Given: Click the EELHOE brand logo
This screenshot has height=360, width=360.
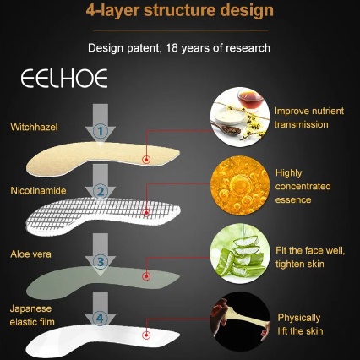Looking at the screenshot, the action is coord(64,78).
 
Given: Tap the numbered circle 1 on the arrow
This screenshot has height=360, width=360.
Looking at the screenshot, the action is coord(101,131).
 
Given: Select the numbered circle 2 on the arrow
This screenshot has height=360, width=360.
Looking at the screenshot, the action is coord(101,192).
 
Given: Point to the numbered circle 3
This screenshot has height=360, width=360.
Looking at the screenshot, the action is coord(101,262).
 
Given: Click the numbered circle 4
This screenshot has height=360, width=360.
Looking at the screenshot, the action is coord(101,319).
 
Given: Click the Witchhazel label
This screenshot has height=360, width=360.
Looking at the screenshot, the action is coord(34,127).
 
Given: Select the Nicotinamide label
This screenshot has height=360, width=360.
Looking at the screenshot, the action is coord(38,191).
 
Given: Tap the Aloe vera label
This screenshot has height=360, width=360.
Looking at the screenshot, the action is coord(30,254).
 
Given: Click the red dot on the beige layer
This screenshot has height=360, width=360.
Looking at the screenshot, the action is coord(146,160).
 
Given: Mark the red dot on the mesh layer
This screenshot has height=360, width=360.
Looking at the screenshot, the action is coord(146,213).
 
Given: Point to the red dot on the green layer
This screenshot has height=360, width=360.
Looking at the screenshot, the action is coord(146,276).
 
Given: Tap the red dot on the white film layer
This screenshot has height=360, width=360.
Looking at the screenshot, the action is coord(146,335).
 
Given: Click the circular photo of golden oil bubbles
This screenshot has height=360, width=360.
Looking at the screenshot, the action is coord(240,186).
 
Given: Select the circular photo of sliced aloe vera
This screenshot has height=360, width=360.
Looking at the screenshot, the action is coord(239,254).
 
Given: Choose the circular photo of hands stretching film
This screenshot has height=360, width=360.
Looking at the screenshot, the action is coord(240,321).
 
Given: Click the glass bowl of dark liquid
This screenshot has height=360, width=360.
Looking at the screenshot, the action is coord(250,99).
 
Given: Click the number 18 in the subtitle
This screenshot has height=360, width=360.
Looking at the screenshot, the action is coord(172,48).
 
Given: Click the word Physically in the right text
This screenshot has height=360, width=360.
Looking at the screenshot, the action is coord(299,318).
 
